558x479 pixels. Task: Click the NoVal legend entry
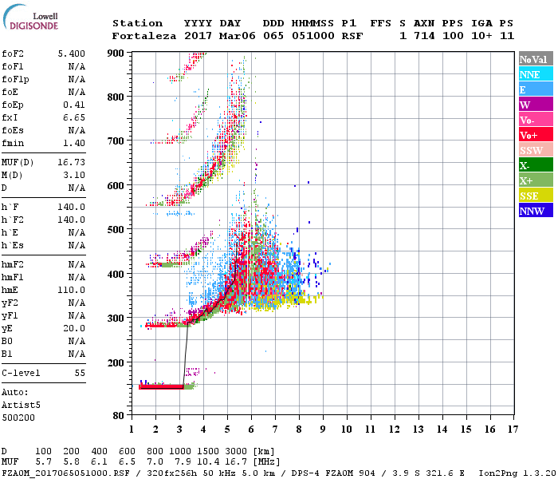pyautogui.click(x=533, y=59)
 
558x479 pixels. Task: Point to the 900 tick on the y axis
pyautogui.click(x=116, y=53)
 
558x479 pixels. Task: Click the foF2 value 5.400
pyautogui.click(x=71, y=53)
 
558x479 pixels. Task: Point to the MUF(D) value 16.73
pyautogui.click(x=71, y=161)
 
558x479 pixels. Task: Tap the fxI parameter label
pyautogui.click(x=11, y=117)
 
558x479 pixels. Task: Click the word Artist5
pyautogui.click(x=18, y=405)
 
